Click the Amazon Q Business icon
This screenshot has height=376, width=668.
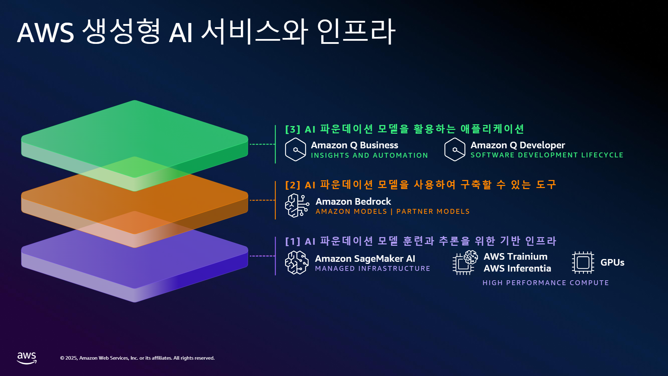[295, 149]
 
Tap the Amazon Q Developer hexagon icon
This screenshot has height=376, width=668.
[455, 149]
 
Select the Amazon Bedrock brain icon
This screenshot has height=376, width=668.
[297, 205]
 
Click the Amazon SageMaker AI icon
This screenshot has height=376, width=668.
[297, 263]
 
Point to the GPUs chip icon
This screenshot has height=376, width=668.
[583, 263]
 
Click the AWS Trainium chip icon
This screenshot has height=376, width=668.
[465, 263]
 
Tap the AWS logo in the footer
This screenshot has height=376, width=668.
[27, 358]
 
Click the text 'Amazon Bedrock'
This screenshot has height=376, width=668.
[353, 202]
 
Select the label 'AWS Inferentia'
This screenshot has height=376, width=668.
[517, 268]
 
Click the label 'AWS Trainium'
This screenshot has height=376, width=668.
[516, 257]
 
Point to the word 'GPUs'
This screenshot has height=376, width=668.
[612, 263]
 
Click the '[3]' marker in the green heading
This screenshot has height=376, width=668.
[293, 130]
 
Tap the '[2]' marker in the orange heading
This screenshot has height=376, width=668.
[293, 185]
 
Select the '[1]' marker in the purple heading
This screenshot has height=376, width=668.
[293, 242]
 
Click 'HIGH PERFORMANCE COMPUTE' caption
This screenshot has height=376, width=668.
[546, 283]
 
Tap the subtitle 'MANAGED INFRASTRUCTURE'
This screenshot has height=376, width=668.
[373, 268]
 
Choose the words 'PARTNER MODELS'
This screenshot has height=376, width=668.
[433, 211]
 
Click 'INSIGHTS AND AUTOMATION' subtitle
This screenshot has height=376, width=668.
[369, 155]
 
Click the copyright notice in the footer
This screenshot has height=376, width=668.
[137, 358]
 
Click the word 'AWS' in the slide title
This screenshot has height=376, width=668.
[46, 33]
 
